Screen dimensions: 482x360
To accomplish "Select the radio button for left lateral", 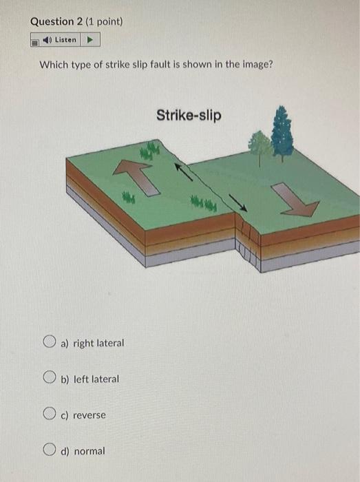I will click(x=49, y=378).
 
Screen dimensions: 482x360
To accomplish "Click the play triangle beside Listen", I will click(x=90, y=40).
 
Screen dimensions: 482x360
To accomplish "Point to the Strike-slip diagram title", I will click(x=189, y=115).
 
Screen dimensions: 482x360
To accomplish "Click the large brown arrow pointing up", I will click(x=134, y=174).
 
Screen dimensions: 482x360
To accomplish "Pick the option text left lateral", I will click(x=96, y=379).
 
